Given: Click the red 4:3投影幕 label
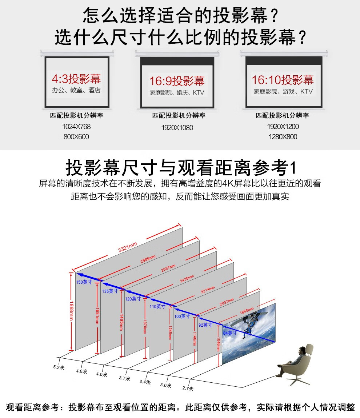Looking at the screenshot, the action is point(76,78).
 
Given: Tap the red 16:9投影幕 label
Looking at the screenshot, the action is point(177,81).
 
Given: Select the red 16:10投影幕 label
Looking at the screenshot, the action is point(283,80).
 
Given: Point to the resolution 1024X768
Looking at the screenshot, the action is point(76,127).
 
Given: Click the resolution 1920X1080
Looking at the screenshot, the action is point(177,128).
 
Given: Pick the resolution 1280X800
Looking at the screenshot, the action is point(283,137).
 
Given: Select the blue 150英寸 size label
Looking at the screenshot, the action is point(84,282).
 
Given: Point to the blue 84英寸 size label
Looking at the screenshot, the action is point(229,333).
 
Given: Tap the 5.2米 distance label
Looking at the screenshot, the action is point(57,367).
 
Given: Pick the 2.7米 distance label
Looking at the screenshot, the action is point(187,388).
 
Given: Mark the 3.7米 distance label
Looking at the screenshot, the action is point(124,378).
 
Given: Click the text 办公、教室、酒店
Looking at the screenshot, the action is point(76,90).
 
